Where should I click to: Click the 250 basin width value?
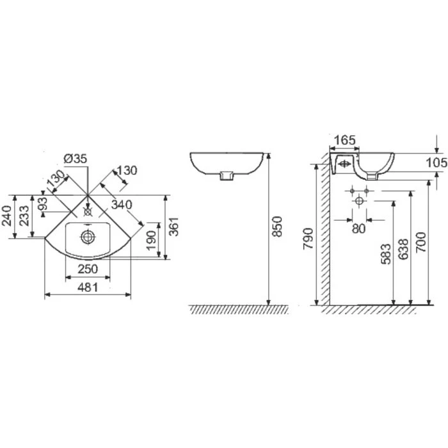[87, 269]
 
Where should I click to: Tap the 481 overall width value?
[87, 288]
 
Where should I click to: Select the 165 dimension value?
[346, 140]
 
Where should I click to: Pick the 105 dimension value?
[436, 163]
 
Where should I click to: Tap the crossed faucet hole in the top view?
[88, 209]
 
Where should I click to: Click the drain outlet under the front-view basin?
[225, 176]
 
